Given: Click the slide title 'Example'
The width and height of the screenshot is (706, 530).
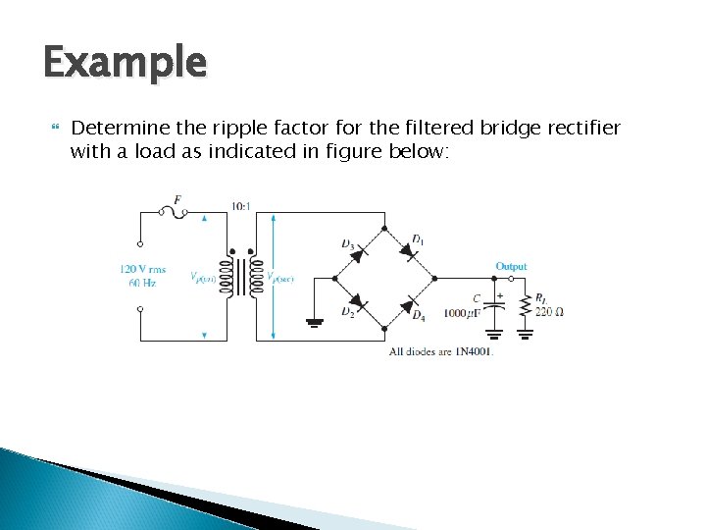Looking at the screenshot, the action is coord(125,64).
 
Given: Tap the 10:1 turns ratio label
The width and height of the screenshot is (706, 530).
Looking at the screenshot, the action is coord(240,206).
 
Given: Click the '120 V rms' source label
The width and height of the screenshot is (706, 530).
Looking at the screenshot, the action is coord(142,268).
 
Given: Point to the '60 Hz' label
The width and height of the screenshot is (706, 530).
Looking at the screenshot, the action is coord(142,283).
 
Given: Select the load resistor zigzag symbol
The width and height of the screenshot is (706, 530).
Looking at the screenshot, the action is coord(527,306).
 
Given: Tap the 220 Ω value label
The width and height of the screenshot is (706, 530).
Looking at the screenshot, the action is coord(549,312).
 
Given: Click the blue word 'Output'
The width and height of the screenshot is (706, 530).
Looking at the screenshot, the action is coord(511,266).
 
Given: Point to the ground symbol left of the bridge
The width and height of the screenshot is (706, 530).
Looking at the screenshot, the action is coord(316,320).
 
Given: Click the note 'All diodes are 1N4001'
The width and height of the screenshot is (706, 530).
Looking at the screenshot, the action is coord(440,350).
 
